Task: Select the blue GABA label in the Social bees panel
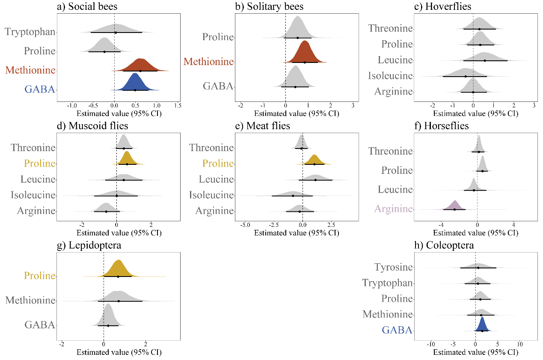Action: tap(40, 89)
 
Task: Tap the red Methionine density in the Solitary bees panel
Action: tap(305, 54)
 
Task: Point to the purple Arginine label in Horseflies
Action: tap(394, 209)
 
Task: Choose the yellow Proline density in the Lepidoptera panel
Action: tap(119, 269)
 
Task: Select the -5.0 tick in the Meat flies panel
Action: tap(245, 225)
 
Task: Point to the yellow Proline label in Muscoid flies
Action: tap(40, 163)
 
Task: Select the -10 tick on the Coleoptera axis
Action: tap(431, 344)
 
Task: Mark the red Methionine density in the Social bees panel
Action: tap(140, 65)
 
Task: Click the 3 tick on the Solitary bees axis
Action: tap(353, 105)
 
